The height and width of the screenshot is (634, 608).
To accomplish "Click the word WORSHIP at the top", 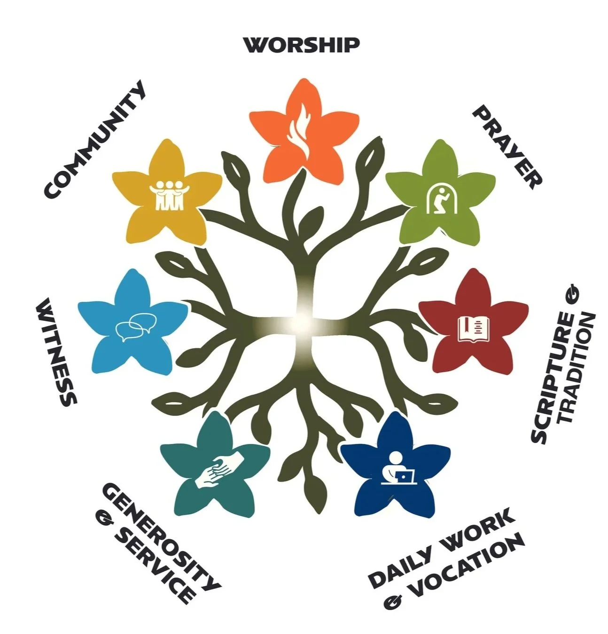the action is (x=302, y=45).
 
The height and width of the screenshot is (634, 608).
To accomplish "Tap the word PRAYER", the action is (x=507, y=146).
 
